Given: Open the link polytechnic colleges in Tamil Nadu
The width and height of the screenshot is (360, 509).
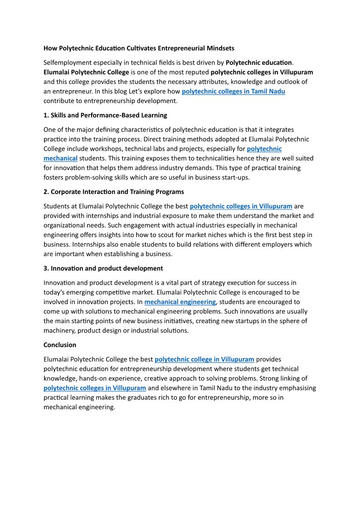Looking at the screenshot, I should (233, 91).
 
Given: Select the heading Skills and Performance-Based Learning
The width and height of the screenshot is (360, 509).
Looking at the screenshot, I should (105, 115).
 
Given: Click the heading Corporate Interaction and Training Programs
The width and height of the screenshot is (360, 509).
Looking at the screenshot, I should (114, 192).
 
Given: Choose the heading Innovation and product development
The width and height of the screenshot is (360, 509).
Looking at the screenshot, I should (103, 268).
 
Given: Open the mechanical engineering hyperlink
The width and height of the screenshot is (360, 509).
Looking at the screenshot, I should (180, 302).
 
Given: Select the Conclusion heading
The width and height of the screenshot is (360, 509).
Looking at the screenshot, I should (60, 345).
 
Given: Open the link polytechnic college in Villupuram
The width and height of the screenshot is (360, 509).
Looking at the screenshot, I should (204, 359).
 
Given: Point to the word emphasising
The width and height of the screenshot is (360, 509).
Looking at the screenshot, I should (295, 388).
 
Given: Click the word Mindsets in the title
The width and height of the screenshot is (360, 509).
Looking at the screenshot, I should (220, 48).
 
